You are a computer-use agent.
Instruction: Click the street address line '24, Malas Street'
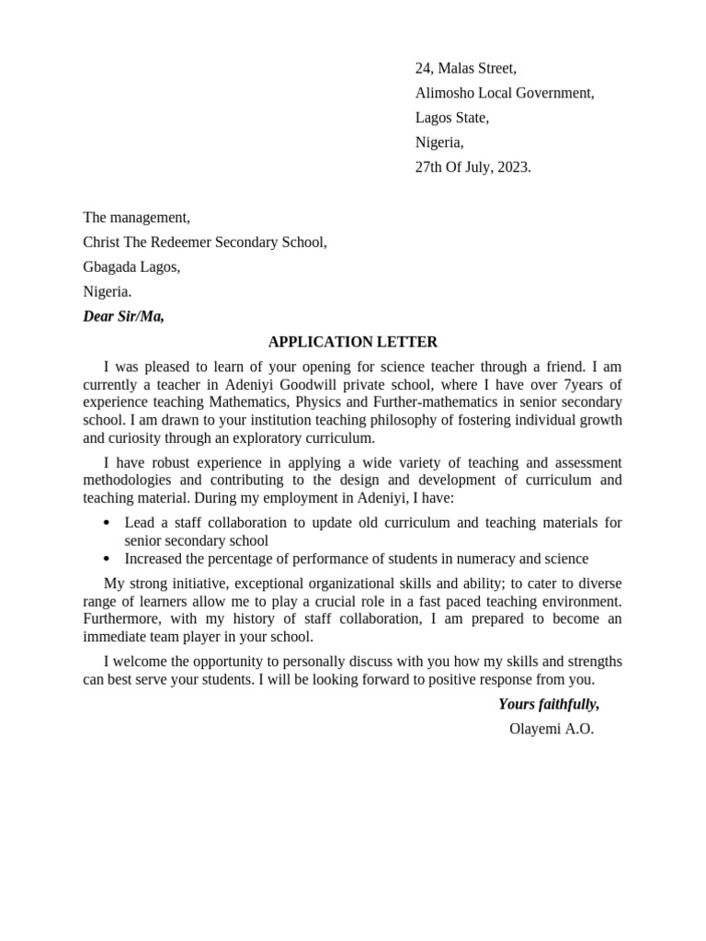click(465, 68)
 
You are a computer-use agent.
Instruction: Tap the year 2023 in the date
click(513, 167)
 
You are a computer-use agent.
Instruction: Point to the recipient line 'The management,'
click(136, 218)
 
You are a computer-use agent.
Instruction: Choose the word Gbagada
click(110, 267)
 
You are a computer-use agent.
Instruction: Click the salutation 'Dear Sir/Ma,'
click(123, 317)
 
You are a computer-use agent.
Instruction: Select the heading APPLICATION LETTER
click(353, 342)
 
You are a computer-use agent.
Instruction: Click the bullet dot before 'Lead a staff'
click(108, 523)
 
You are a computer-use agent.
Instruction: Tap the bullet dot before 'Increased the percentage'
click(108, 559)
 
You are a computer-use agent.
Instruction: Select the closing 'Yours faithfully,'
click(549, 705)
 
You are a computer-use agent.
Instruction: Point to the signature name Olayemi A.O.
click(552, 730)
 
